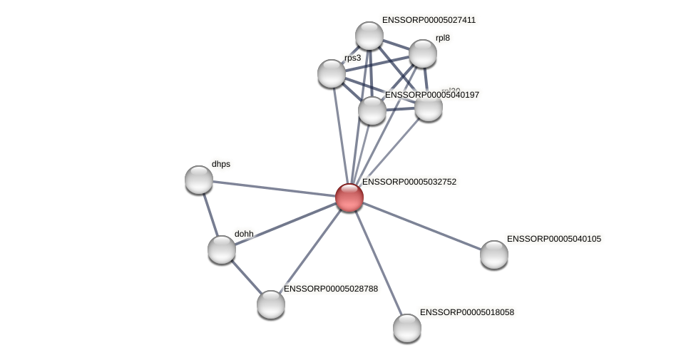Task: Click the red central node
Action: click(349, 197)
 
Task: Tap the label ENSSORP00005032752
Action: click(409, 182)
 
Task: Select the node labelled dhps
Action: click(199, 180)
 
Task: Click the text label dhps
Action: click(221, 164)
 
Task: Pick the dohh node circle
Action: click(222, 250)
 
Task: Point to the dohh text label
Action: click(244, 234)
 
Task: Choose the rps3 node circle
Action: click(332, 73)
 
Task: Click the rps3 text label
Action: click(352, 58)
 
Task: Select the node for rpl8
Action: click(423, 53)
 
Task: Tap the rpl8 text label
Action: click(443, 38)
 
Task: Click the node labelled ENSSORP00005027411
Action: click(369, 36)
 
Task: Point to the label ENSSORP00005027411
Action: click(429, 20)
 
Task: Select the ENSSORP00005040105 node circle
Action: click(494, 254)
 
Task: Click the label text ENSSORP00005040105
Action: click(553, 239)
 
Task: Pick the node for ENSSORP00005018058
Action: click(407, 328)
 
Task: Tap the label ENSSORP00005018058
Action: click(466, 312)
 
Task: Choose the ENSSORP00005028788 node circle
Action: click(271, 304)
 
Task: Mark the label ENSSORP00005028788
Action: click(330, 289)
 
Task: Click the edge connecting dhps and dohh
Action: click(210, 215)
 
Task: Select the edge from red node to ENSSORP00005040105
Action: click(421, 225)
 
